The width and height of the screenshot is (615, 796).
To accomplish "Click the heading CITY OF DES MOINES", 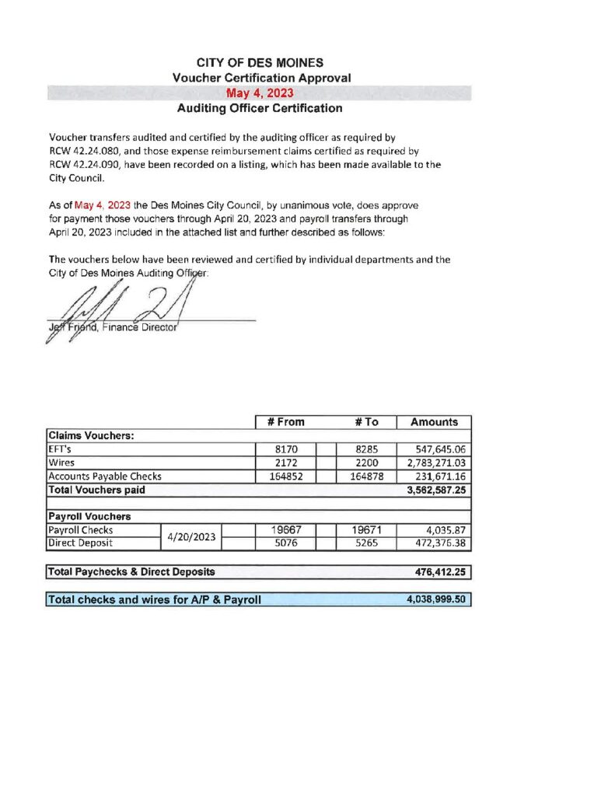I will (x=260, y=62).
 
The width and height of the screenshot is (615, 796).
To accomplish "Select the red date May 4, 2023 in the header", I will (x=260, y=93).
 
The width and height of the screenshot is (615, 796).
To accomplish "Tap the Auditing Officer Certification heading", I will (x=260, y=109).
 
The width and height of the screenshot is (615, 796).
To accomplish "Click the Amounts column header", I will (x=434, y=422).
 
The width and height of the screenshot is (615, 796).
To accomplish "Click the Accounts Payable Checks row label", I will (x=105, y=477).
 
